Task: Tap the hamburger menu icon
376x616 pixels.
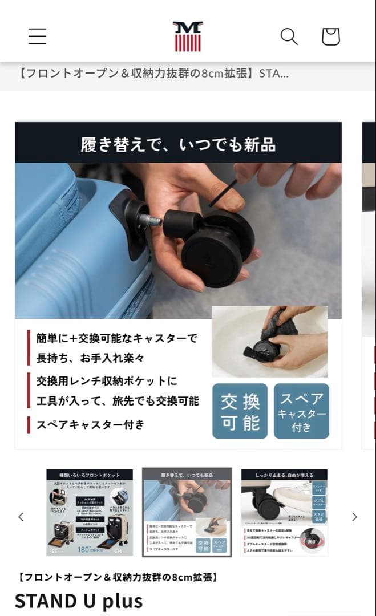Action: [37, 36]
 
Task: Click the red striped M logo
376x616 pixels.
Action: [188, 37]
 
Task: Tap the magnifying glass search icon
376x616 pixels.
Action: [289, 37]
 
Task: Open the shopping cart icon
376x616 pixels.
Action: [331, 37]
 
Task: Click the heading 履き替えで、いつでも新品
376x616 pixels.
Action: [178, 144]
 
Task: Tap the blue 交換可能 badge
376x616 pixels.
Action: [240, 411]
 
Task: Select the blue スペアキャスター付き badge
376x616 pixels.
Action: [301, 411]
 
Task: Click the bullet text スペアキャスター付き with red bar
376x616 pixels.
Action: [91, 424]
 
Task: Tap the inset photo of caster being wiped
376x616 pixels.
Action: [270, 341]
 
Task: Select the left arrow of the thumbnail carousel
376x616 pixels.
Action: [21, 517]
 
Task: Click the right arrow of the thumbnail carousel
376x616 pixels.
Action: [354, 517]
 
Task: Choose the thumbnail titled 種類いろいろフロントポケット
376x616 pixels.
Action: [89, 512]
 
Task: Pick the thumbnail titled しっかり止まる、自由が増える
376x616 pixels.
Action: [284, 512]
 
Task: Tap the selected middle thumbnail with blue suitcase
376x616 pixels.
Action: [187, 512]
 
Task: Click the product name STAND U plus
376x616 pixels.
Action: [78, 601]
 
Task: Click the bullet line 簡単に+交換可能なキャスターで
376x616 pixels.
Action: [117, 338]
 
